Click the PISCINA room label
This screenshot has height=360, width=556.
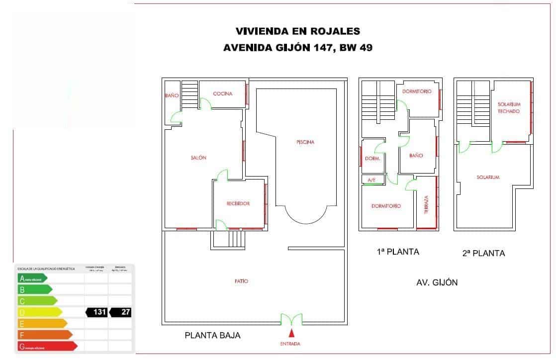pos(305,142)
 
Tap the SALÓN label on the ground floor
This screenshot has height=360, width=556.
pos(198,158)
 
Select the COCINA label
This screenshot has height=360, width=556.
pos(222,94)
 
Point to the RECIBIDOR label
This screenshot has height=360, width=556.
pos(238,203)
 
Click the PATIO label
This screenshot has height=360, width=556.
pos(241,281)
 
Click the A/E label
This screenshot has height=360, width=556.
pos(371,180)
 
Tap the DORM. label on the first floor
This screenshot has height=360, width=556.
pos(372,159)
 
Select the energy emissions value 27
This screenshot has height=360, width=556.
pos(121,312)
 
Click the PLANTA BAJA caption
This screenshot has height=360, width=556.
pos(212,336)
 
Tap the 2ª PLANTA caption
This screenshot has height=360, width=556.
pos(483,253)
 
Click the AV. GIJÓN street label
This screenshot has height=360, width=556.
pos(437,282)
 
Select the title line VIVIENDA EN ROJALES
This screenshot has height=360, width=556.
pos(297,31)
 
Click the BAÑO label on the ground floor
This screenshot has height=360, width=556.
pos(172,95)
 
